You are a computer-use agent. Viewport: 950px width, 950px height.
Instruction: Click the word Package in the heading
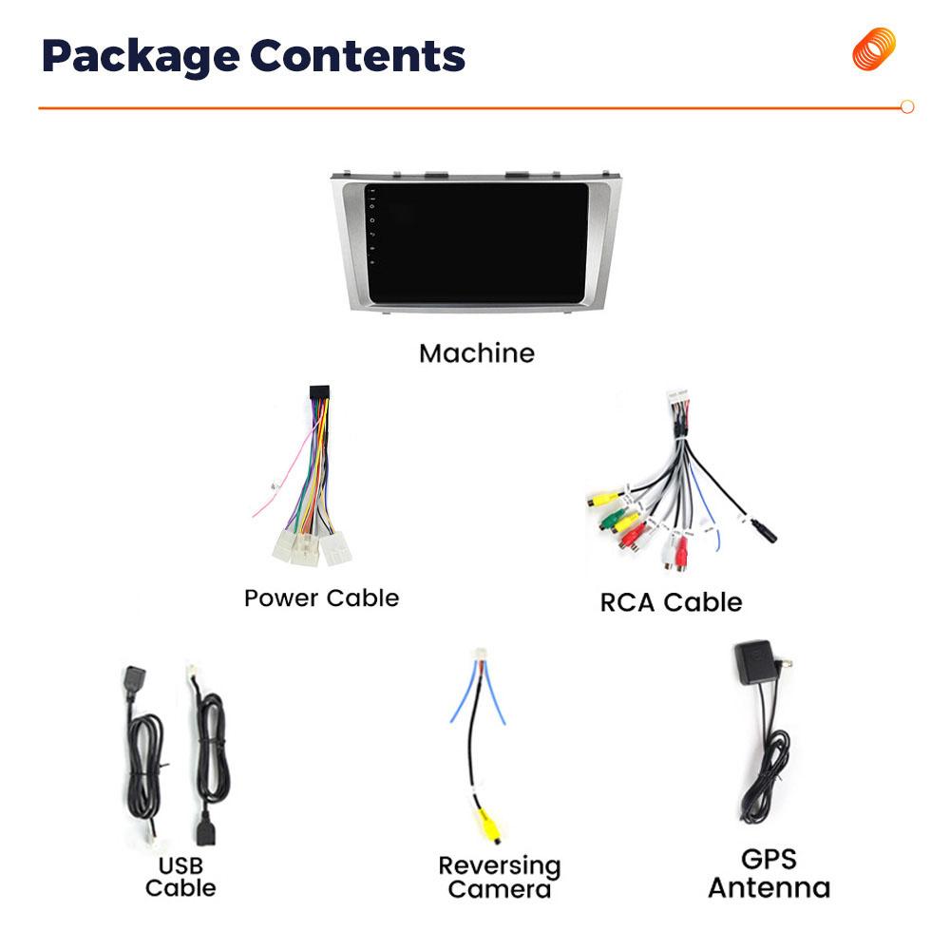(x=139, y=57)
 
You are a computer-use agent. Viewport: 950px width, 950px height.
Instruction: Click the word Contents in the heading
(x=358, y=56)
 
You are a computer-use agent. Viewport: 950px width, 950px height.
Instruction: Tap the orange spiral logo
(x=873, y=49)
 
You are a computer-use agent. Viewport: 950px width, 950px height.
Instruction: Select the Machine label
(x=477, y=353)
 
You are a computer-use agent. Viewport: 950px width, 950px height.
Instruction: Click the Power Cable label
(x=321, y=598)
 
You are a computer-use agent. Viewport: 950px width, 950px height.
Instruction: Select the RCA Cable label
(x=671, y=602)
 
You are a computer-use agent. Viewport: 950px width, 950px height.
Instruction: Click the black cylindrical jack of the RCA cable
(x=763, y=531)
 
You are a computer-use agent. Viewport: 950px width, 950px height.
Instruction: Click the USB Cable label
(x=180, y=877)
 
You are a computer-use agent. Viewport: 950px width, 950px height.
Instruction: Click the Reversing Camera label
(x=499, y=878)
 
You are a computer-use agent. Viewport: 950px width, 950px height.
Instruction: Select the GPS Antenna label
(x=769, y=874)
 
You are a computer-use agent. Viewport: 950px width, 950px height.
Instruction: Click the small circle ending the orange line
(x=906, y=107)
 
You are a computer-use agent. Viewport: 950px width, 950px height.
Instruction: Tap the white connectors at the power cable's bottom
(x=310, y=548)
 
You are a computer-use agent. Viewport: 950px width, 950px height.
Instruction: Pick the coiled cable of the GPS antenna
(x=765, y=769)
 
